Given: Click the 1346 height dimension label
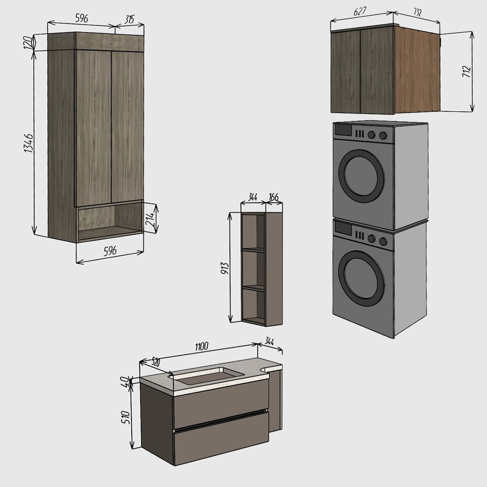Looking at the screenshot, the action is coord(28,143).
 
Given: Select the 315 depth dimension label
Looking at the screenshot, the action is coord(129,20).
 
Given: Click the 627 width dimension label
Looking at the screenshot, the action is coord(360,12).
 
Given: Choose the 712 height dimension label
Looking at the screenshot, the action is coord(467,71).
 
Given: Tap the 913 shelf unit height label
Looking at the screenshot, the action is coord(224,268).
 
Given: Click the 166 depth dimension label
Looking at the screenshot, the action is coord(273,197).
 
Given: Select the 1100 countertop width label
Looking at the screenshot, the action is coord(202,346).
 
